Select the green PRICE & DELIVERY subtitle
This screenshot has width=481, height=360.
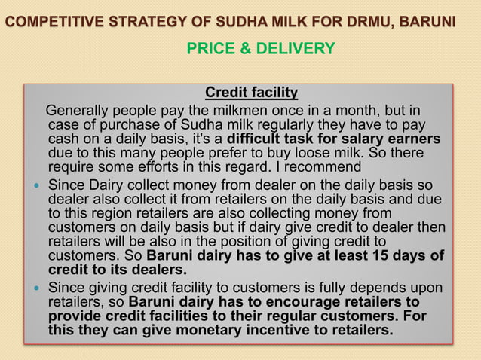click(260, 49)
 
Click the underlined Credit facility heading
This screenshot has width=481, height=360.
click(252, 93)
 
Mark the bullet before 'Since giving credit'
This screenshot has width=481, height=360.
click(35, 290)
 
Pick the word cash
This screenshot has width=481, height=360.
click(64, 139)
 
